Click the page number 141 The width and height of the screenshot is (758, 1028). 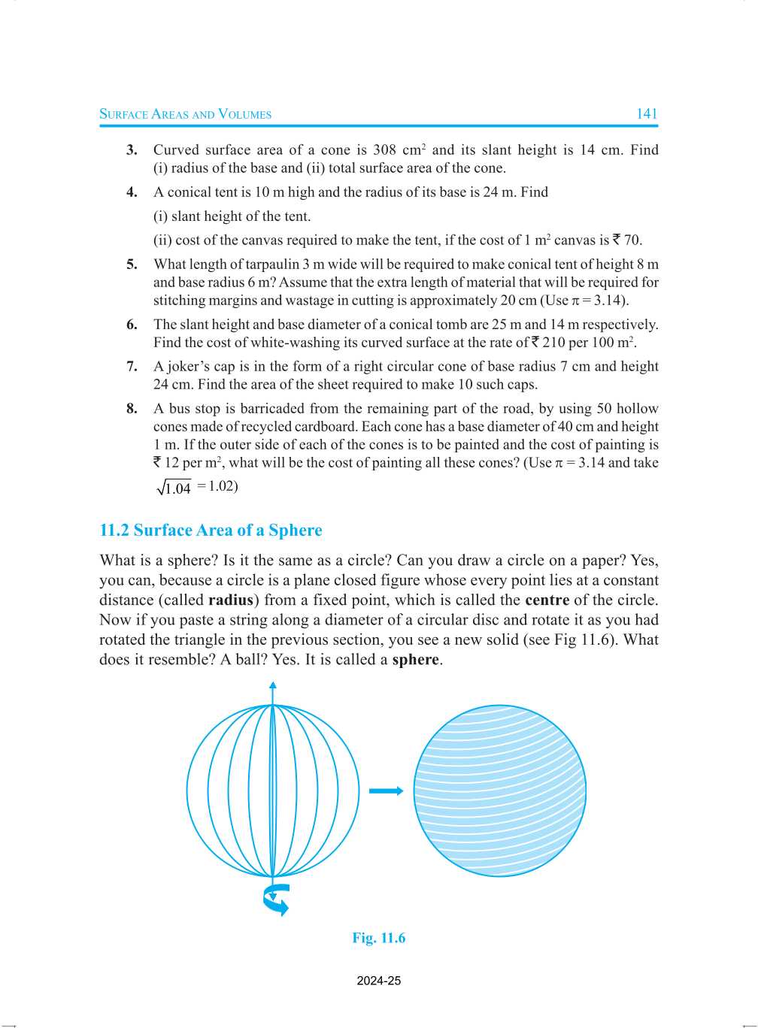647,114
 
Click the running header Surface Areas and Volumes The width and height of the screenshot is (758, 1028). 186,114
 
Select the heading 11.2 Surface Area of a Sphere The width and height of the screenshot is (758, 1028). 211,531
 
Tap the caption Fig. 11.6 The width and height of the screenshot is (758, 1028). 378,938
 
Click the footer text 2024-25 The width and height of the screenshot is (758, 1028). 378,981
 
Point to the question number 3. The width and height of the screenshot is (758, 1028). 132,150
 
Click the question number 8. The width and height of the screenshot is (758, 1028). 132,409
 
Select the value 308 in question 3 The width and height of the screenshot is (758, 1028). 384,150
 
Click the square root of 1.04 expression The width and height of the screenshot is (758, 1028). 174,488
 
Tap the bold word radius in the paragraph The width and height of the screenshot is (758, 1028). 230,600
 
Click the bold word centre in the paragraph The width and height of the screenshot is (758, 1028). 547,600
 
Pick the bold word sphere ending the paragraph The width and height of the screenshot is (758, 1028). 415,660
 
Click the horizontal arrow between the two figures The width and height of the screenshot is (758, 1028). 386,791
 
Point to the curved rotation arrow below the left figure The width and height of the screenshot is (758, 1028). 276,899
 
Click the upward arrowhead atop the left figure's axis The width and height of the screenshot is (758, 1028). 273,685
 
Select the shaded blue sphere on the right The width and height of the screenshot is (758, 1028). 499,791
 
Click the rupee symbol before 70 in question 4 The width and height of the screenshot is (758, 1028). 616,240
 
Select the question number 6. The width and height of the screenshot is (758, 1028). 132,325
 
